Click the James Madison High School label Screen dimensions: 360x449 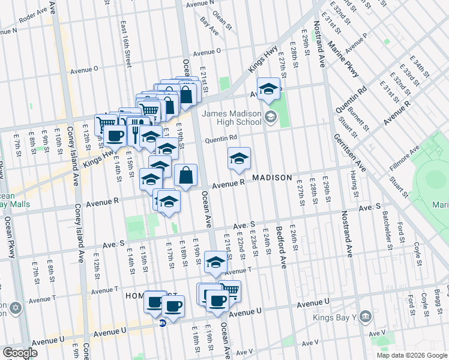point(231,118)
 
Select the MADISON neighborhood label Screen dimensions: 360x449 point(272,178)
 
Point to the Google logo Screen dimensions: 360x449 point(20,352)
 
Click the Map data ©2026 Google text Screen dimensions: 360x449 point(412,355)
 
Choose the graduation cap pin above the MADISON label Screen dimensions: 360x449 point(239,158)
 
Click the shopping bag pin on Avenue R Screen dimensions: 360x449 point(186,175)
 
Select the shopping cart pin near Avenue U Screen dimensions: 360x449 point(230,291)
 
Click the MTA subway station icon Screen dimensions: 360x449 point(163,323)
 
